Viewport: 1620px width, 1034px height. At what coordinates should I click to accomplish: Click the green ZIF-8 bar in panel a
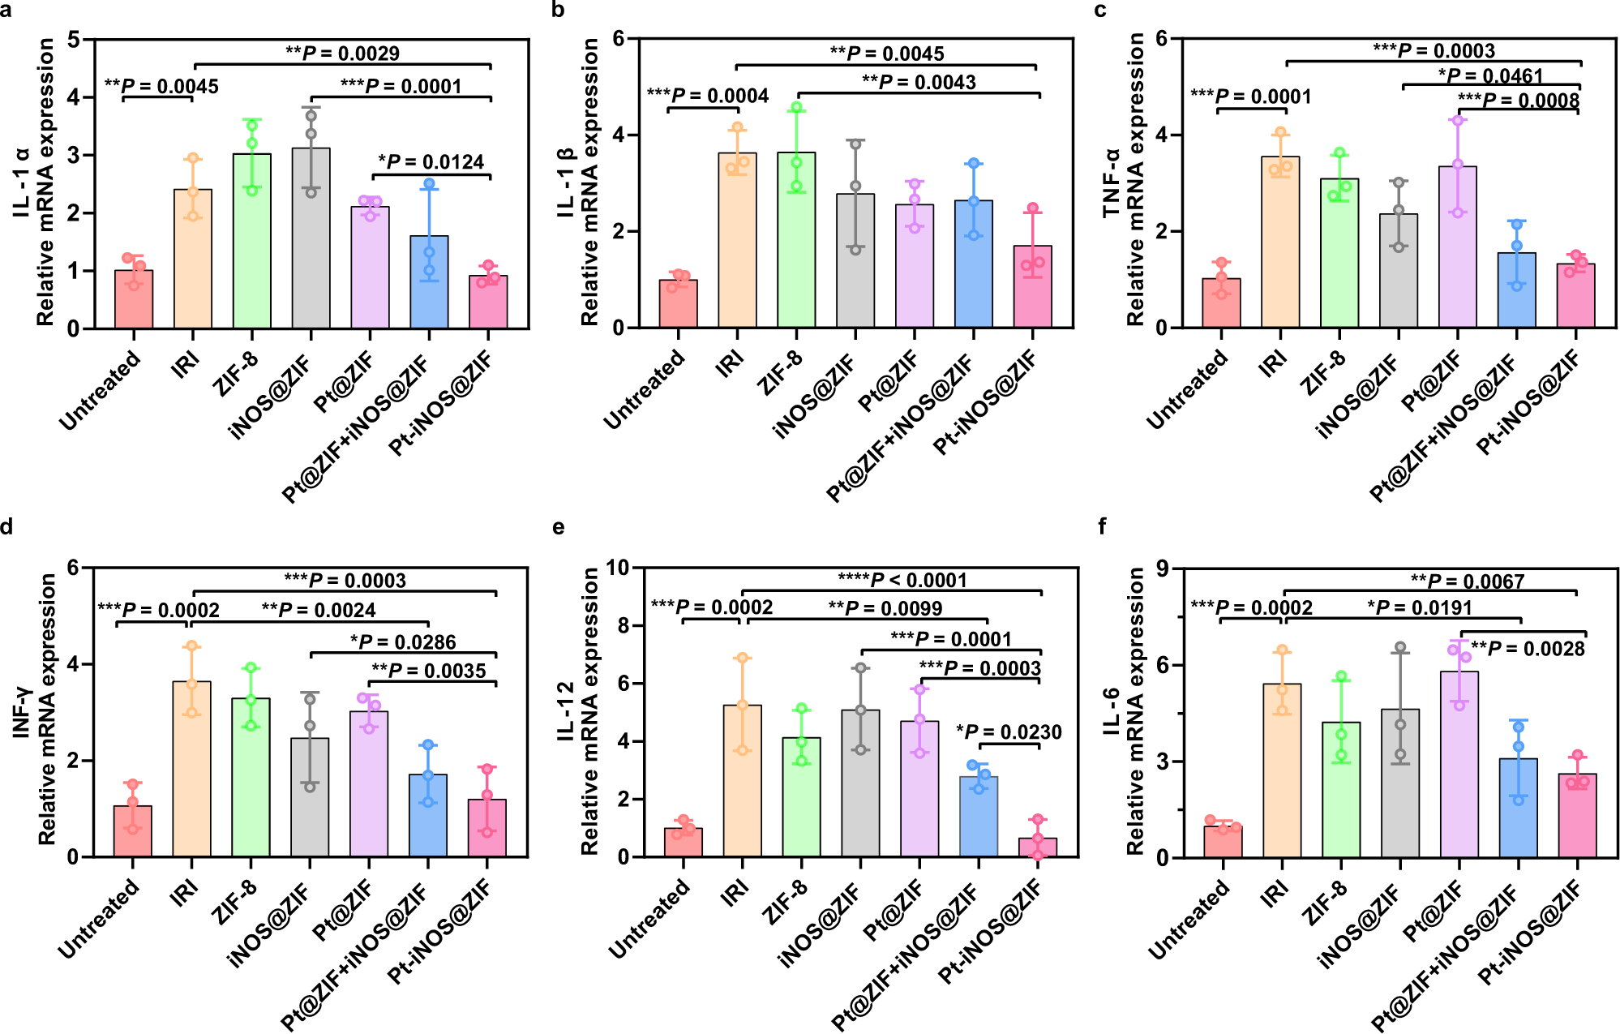click(x=252, y=243)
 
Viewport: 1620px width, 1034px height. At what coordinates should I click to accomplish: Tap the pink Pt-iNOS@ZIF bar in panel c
click(x=1575, y=297)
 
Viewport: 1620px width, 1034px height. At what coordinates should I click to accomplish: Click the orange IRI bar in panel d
click(x=192, y=770)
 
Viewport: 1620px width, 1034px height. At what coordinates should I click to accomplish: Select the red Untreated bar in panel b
click(x=678, y=305)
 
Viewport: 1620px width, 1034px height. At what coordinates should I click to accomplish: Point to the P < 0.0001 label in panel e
click(x=902, y=580)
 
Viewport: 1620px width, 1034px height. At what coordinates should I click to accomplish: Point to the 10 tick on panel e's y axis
click(x=619, y=568)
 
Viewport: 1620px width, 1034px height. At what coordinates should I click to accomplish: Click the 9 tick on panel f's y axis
click(x=1164, y=568)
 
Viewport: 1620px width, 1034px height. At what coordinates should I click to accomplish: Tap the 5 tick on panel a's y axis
click(x=74, y=39)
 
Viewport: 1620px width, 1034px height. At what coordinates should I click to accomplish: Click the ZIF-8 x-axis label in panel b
click(x=780, y=374)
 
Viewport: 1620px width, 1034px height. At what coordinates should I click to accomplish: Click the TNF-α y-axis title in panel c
click(x=1112, y=183)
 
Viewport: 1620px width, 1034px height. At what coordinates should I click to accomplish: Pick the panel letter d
click(x=6, y=528)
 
